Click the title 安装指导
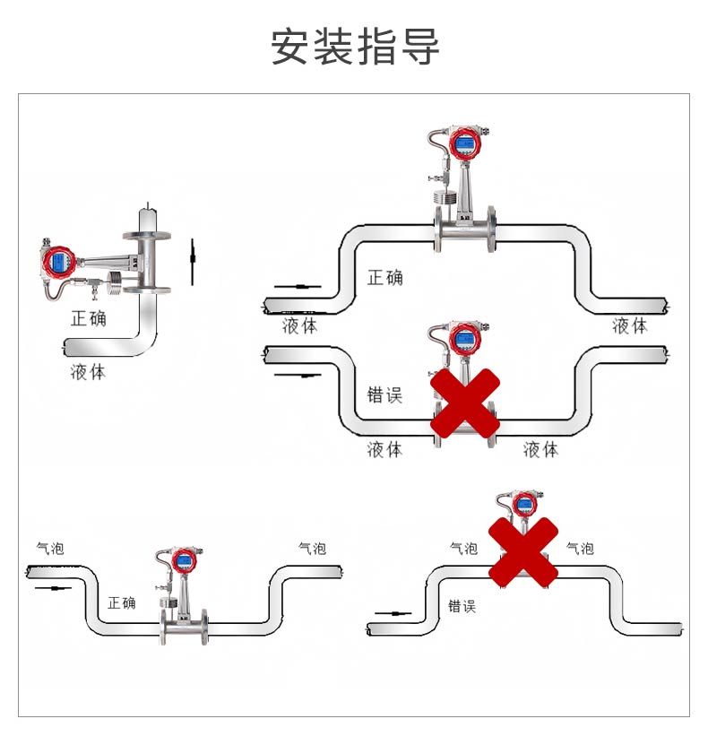pyautogui.click(x=356, y=47)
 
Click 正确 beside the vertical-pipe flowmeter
pyautogui.click(x=89, y=317)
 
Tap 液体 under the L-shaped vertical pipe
pyautogui.click(x=88, y=371)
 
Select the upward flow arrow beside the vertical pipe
pyautogui.click(x=192, y=262)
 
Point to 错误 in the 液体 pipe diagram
pyautogui.click(x=385, y=394)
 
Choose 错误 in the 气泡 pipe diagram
pyautogui.click(x=462, y=606)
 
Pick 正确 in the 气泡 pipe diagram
pyautogui.click(x=121, y=602)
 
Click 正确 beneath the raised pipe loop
pyautogui.click(x=385, y=277)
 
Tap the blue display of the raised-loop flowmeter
pyautogui.click(x=463, y=143)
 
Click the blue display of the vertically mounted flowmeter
pyautogui.click(x=59, y=263)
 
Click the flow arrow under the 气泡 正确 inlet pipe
pyautogui.click(x=53, y=589)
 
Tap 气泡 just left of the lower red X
pyautogui.click(x=463, y=548)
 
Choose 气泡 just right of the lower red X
pyautogui.click(x=580, y=548)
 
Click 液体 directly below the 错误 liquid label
pyautogui.click(x=384, y=449)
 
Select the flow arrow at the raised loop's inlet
pyautogui.click(x=297, y=286)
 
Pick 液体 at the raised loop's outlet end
pyautogui.click(x=629, y=325)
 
